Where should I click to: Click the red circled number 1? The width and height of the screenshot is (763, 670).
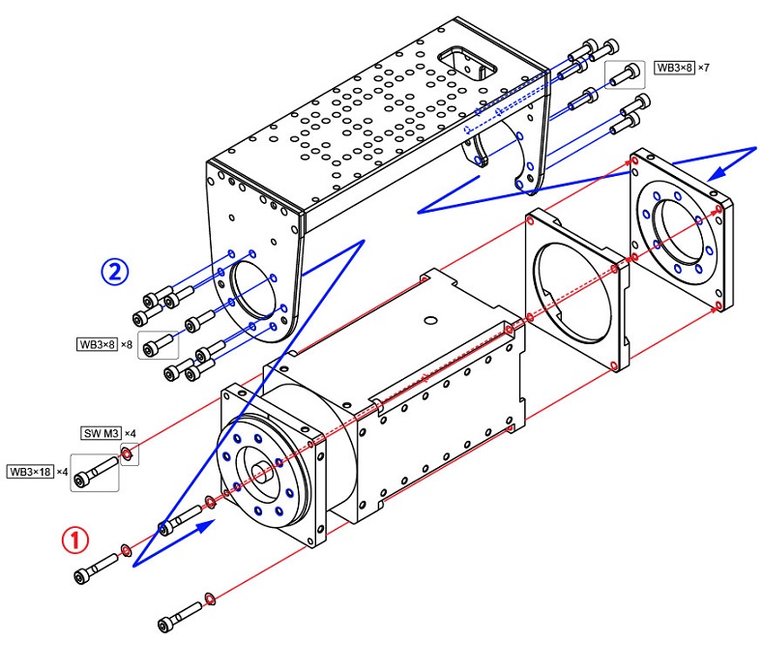75,539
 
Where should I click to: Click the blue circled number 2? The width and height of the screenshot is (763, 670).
115,272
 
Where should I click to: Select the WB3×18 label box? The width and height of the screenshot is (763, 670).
30,472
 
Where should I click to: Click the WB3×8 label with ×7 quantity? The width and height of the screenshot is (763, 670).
674,68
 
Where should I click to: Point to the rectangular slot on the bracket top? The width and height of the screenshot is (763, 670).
468,63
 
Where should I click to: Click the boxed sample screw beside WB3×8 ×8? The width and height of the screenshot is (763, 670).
159,343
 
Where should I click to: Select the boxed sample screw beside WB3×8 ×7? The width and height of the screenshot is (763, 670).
626,72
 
